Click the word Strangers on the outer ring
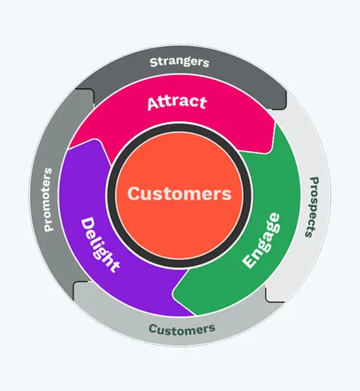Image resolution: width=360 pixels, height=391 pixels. click(179, 61)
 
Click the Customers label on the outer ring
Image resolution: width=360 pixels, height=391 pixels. click(182, 329)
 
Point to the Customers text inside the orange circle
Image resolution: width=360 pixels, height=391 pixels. click(179, 193)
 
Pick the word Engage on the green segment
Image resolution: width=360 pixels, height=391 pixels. click(261, 240)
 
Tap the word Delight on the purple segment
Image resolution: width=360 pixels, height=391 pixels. click(100, 243)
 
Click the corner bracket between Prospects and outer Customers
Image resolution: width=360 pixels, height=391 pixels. click(271, 294)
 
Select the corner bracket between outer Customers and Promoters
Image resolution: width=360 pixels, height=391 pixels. click(78, 287)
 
